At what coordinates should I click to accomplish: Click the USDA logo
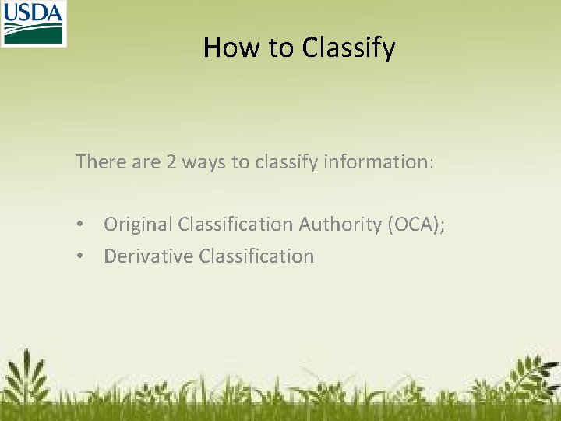33,23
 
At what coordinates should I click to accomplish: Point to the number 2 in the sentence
171,162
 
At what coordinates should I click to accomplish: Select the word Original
137,225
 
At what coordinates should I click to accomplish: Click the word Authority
340,225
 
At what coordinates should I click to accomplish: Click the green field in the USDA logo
33,34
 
